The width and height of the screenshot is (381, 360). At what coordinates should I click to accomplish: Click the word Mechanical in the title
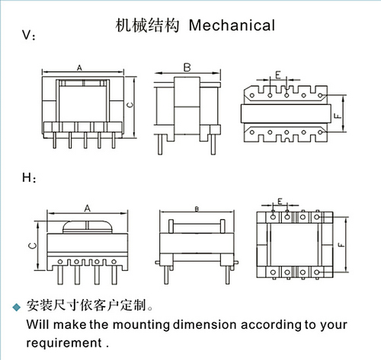coord(232,25)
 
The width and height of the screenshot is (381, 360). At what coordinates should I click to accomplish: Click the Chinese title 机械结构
coord(147,25)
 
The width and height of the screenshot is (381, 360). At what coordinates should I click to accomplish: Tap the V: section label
coord(29,35)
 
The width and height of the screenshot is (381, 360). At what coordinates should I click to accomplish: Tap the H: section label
coord(29,177)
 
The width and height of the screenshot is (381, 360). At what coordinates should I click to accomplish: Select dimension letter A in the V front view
coord(79,68)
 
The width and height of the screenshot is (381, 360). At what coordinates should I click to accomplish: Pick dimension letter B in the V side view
coord(187,68)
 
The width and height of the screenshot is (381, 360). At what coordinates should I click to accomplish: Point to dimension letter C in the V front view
coord(130,105)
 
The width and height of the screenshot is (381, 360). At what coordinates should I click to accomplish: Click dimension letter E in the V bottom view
coord(278,75)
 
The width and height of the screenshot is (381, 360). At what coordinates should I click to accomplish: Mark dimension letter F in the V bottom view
coord(338,116)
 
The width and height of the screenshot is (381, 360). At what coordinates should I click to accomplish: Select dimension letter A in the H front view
coord(88,209)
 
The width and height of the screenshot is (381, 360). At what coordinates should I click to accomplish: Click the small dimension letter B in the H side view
coord(197,209)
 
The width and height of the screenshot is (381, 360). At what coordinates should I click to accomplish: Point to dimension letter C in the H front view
coord(33,246)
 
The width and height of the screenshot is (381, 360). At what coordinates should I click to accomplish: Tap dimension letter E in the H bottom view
coord(280,201)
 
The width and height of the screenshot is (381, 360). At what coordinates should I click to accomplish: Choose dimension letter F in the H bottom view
coord(341,245)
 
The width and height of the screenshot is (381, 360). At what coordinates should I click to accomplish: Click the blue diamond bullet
coord(17,307)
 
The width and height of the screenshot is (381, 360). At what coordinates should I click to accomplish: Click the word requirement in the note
coord(64,343)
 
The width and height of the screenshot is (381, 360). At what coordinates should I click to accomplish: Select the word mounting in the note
coord(141,325)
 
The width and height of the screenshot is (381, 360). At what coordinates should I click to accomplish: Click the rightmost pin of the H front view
coord(114,275)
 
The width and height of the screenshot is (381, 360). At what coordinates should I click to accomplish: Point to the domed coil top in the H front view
coord(88,227)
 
